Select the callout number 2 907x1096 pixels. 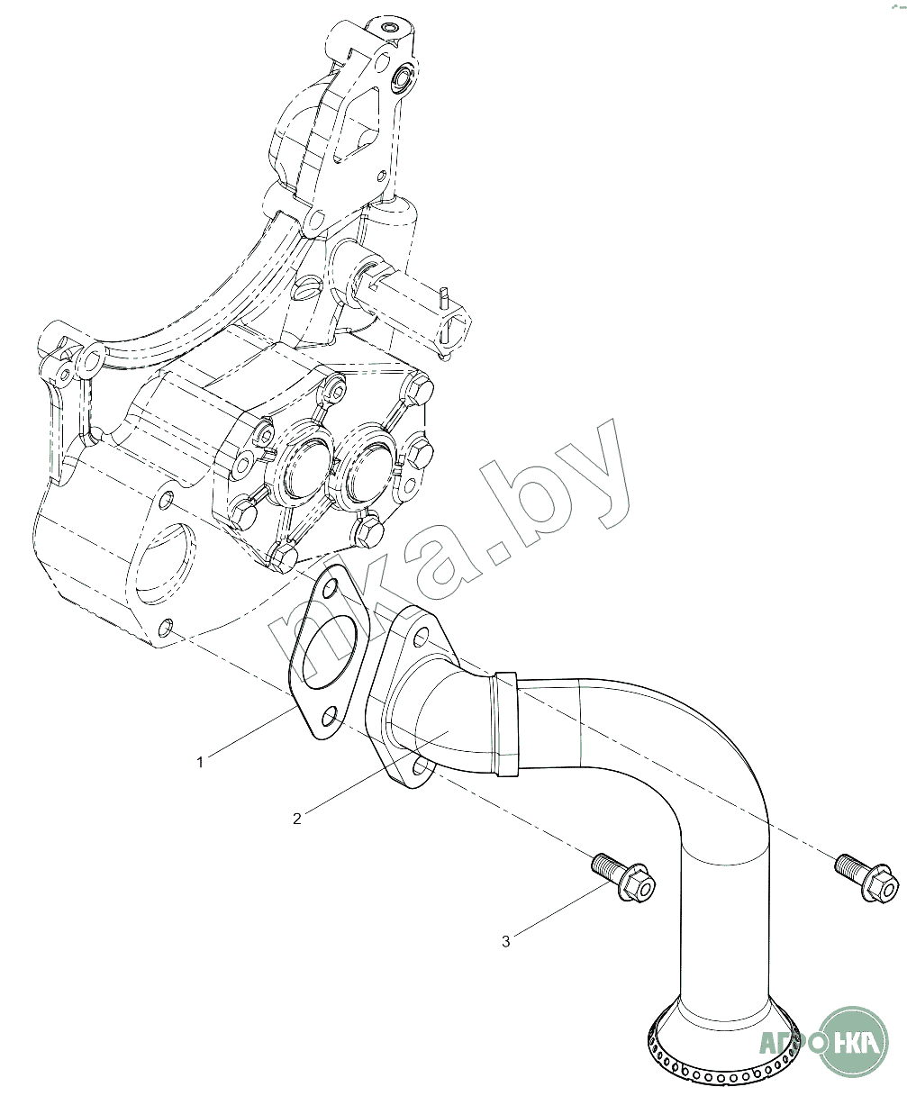click(x=297, y=818)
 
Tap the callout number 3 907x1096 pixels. click(x=506, y=941)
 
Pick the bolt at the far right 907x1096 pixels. click(x=866, y=875)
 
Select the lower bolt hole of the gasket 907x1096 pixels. click(x=331, y=717)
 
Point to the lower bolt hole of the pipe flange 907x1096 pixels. click(x=418, y=767)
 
